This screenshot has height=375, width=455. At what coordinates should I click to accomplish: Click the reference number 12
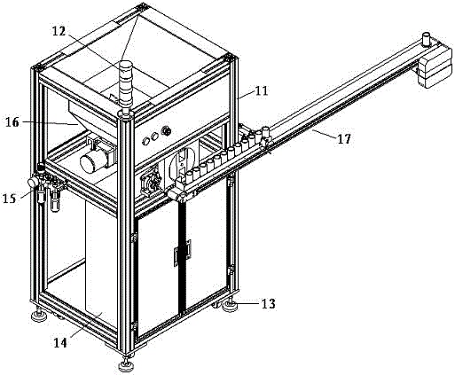tap(59, 31)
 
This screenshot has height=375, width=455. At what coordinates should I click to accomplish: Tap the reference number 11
tap(262, 90)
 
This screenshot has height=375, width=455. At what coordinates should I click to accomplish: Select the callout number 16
tap(12, 122)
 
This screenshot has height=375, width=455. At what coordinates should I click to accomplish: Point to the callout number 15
tap(9, 198)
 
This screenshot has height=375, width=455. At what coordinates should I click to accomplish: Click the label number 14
tap(60, 343)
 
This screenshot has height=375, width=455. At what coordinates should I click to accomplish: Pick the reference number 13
tap(269, 303)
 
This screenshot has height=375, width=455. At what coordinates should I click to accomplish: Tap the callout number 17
tap(344, 138)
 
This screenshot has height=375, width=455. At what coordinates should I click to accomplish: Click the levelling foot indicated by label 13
tap(230, 306)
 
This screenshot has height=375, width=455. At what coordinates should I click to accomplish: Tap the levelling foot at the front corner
tap(127, 364)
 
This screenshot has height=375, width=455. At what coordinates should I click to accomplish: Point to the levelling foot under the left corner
tap(39, 315)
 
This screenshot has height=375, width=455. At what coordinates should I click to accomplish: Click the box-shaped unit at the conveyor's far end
tap(435, 66)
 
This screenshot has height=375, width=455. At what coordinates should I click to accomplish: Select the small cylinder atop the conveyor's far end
tap(427, 39)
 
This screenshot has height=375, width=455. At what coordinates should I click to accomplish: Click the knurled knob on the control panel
tap(167, 130)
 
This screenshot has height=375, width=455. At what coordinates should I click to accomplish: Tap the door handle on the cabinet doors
tap(183, 253)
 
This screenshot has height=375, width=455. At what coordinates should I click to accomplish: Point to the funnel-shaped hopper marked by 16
tap(90, 118)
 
